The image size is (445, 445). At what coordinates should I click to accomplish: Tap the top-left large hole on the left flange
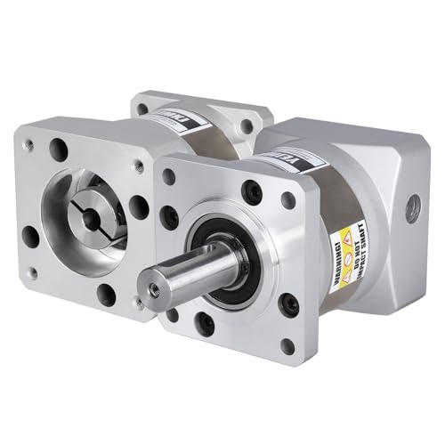tap(61, 148)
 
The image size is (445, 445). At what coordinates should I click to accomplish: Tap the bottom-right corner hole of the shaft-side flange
tap(287, 345)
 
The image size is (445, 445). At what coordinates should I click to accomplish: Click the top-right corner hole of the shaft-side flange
tap(288, 198)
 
